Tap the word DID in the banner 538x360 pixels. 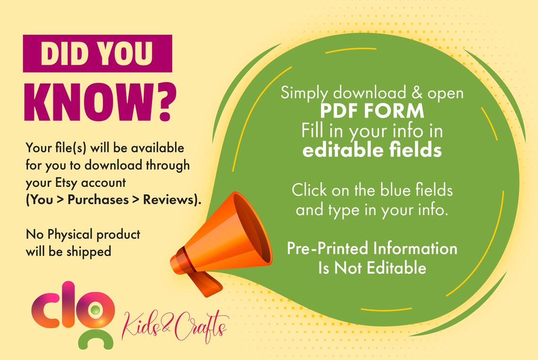pos(62,53)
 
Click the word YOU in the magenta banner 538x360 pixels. pos(124,53)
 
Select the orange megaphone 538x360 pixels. pos(221,244)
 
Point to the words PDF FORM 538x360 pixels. pos(372,111)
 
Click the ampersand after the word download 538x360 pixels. pos(417,92)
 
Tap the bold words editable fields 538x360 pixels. pos(372,150)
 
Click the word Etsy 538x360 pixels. pos(66,183)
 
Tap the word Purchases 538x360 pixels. pos(98,200)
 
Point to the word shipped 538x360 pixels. pos(89,252)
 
